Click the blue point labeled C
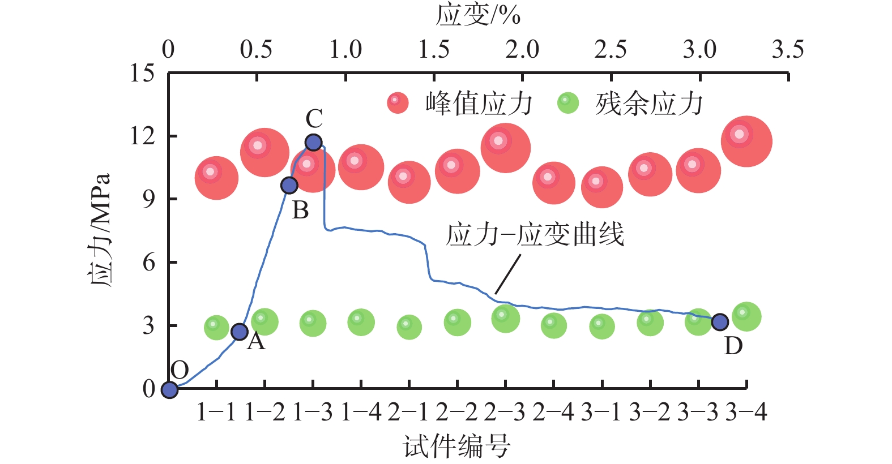click(313, 142)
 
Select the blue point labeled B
click(289, 185)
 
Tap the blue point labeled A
click(240, 332)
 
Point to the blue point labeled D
click(719, 322)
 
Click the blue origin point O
click(169, 389)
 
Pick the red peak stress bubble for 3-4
click(746, 141)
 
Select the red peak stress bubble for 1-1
click(216, 178)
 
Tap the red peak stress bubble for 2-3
click(505, 148)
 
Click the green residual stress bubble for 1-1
click(216, 328)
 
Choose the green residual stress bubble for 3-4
click(746, 317)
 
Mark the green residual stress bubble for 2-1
click(409, 327)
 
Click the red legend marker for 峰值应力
click(398, 103)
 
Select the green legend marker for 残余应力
click(568, 103)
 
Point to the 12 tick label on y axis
click(142, 136)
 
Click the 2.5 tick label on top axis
click(610, 50)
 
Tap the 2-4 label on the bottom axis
click(553, 413)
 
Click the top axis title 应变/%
click(478, 15)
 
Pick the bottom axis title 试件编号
click(456, 447)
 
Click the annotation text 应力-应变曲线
click(535, 234)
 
